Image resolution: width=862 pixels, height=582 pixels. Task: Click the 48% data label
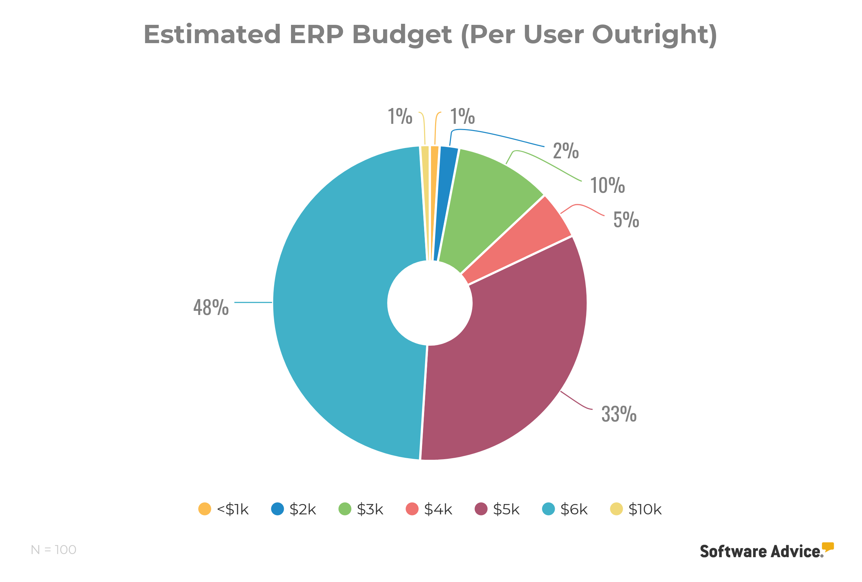pyautogui.click(x=211, y=308)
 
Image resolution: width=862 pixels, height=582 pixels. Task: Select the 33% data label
pyautogui.click(x=619, y=414)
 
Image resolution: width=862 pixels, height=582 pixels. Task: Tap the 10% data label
pyautogui.click(x=607, y=186)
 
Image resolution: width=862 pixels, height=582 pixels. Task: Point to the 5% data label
pyautogui.click(x=626, y=220)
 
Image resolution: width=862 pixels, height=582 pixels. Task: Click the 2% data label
pyautogui.click(x=565, y=151)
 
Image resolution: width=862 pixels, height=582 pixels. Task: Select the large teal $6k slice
pyautogui.click(x=334, y=304)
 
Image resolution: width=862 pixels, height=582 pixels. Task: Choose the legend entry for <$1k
pyautogui.click(x=223, y=509)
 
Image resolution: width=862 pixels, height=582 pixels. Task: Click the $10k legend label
pyautogui.click(x=645, y=509)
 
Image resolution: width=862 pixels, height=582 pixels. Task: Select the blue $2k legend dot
pyautogui.click(x=278, y=509)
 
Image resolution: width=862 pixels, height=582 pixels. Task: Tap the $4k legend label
pyautogui.click(x=438, y=509)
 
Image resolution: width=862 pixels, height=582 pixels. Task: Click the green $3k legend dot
pyautogui.click(x=345, y=509)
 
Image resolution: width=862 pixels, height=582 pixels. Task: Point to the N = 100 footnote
pyautogui.click(x=54, y=550)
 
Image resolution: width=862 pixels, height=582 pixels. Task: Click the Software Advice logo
pyautogui.click(x=766, y=551)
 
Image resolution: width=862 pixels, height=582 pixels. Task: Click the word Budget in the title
pyautogui.click(x=402, y=34)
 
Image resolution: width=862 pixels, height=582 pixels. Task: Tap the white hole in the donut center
pyautogui.click(x=430, y=303)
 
